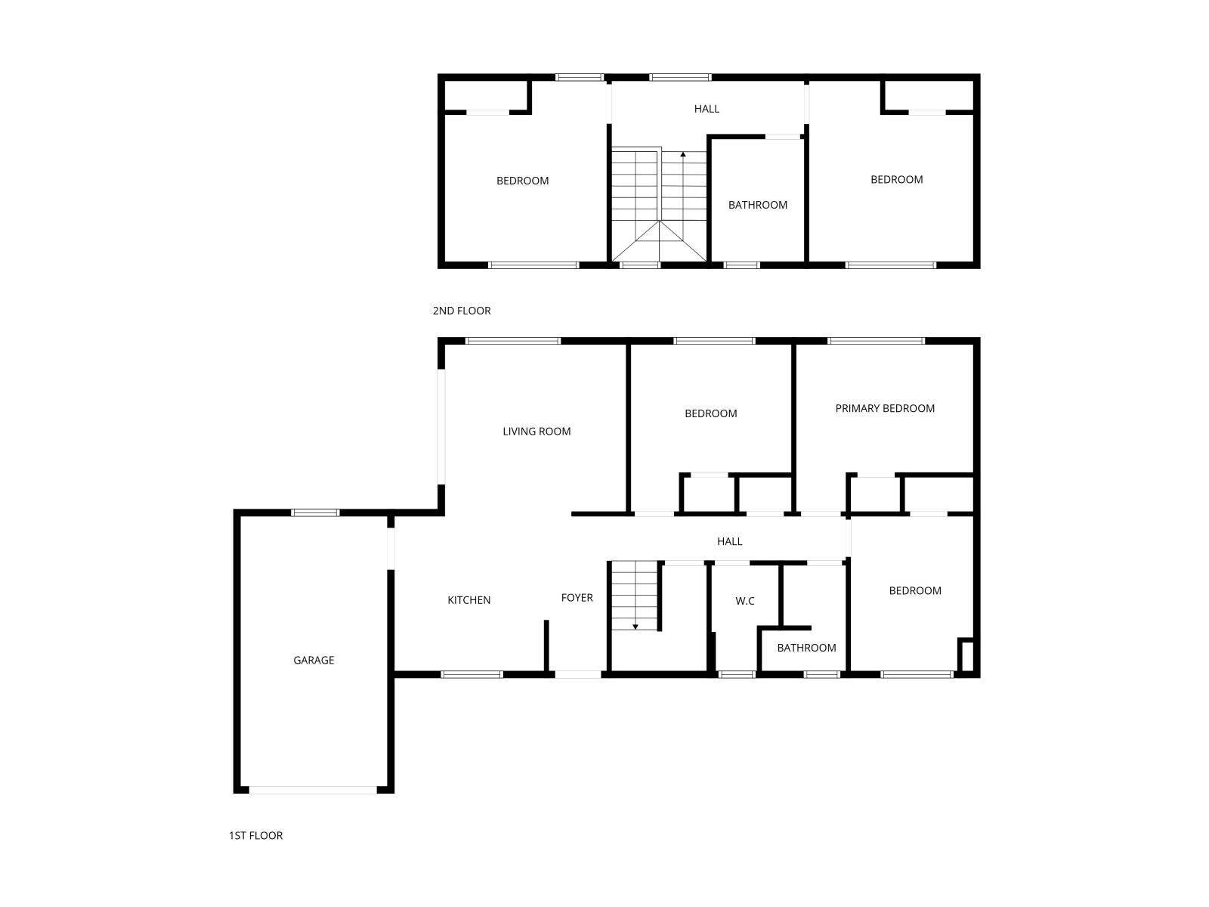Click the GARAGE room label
coord(314,660)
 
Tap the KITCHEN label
coord(469,600)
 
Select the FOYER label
coord(577,598)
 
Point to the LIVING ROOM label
coord(536,432)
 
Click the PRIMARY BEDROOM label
coord(885,408)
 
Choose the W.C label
coord(745,601)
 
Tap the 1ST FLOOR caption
coord(255,835)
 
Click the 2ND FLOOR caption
coord(462,311)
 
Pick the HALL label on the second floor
coord(707,109)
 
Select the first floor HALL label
coord(729,541)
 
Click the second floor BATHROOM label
coord(757,205)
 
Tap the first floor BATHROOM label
coord(806,648)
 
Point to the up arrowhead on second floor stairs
coord(683,154)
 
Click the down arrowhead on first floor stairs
coord(635,627)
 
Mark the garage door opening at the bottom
coord(313,790)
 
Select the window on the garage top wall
coord(316,513)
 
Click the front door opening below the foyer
coord(578,674)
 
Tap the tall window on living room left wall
coord(441,426)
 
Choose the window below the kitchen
coord(472,674)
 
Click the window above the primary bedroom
coord(876,341)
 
